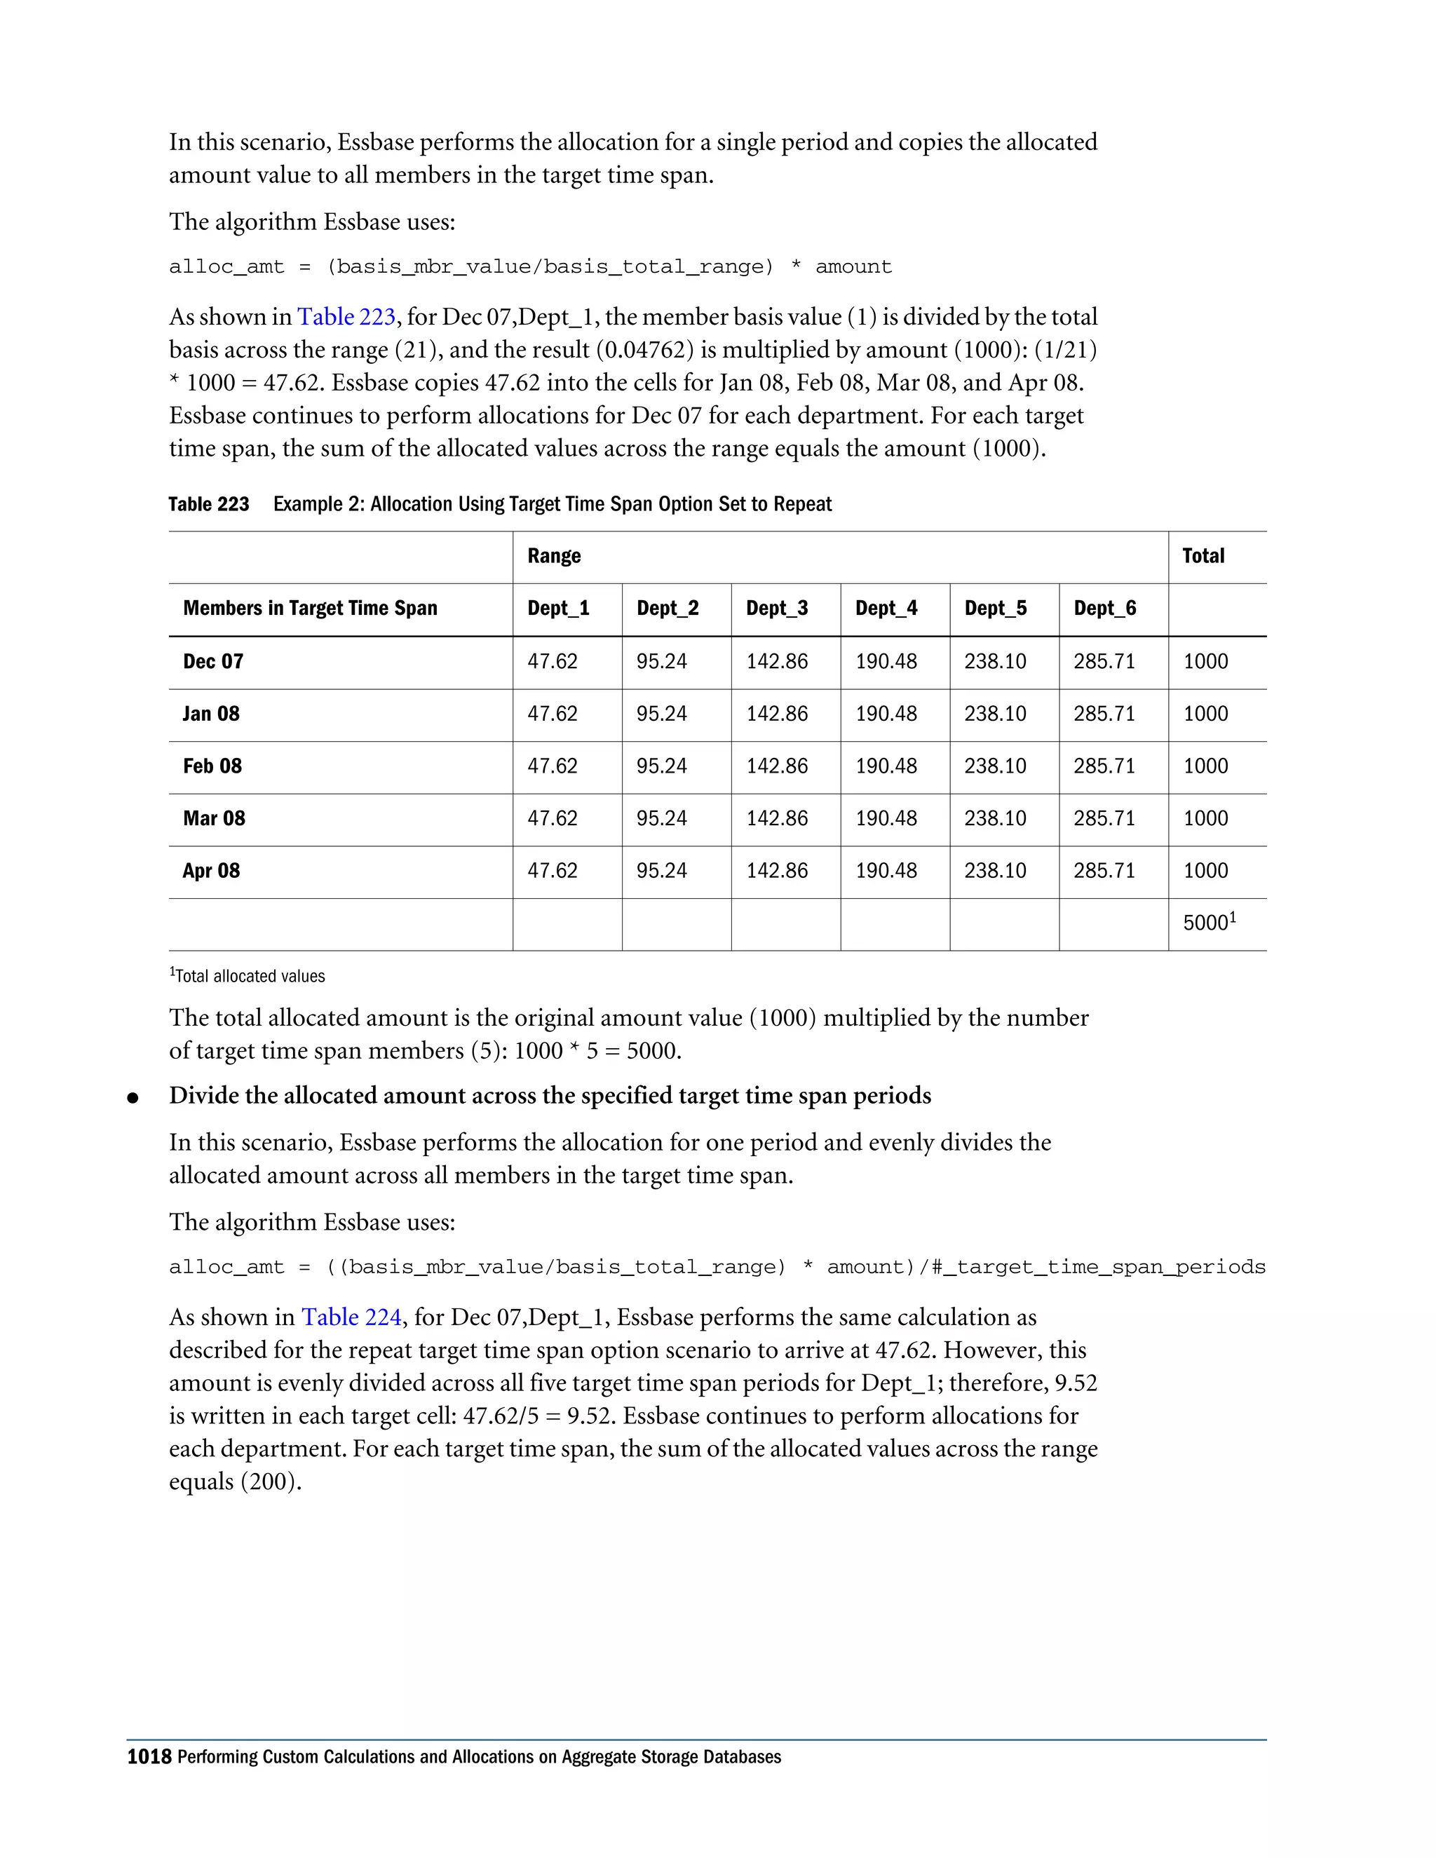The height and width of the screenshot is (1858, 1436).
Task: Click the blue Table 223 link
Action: [346, 318]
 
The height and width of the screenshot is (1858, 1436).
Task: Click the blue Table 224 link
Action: [351, 1318]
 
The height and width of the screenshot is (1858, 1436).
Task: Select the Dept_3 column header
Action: [777, 609]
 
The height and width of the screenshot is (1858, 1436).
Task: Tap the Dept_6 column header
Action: [1104, 609]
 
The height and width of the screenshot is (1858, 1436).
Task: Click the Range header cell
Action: [554, 557]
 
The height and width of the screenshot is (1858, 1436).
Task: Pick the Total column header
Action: [1203, 557]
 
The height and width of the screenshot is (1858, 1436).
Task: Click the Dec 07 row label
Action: [212, 662]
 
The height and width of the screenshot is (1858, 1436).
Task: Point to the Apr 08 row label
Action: [211, 871]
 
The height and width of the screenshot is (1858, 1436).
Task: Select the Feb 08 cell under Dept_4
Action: [886, 766]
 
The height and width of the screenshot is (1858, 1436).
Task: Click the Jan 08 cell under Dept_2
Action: [661, 714]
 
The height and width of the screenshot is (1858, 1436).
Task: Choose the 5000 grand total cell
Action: [1208, 923]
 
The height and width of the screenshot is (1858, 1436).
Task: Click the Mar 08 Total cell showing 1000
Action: [1205, 818]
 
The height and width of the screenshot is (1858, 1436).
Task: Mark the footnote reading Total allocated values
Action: [248, 977]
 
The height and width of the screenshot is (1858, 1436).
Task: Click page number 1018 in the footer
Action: [149, 1757]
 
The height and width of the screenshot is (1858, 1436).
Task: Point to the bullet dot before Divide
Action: [132, 1098]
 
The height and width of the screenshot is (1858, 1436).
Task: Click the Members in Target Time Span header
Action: [310, 609]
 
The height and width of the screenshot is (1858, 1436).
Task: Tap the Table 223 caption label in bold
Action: [208, 505]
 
